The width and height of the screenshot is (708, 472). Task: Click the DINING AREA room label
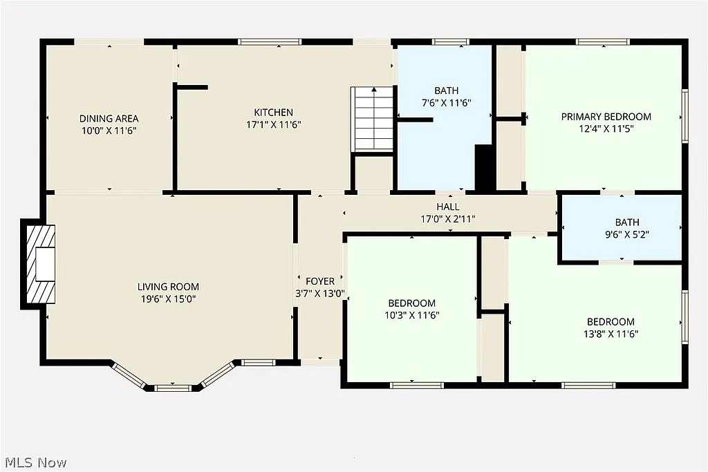[x=109, y=118]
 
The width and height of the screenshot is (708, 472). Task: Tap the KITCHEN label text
[x=273, y=113]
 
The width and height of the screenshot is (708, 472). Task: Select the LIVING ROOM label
[x=168, y=287]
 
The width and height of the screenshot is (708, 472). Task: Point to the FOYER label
[x=320, y=281]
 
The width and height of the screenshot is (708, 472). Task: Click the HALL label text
[x=448, y=207]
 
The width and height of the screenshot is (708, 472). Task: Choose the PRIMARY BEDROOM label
[x=606, y=117]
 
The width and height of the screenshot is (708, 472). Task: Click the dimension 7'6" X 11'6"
[x=446, y=102]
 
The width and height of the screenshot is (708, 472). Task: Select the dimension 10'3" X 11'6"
[x=411, y=315]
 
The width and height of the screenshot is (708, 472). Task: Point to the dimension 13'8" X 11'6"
[x=611, y=334]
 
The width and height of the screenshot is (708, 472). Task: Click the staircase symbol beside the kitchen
[x=372, y=118]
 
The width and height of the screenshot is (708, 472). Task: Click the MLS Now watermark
[x=34, y=462]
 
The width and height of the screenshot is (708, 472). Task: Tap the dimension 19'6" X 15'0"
[x=168, y=299]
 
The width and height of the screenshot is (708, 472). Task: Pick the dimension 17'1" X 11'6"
[x=273, y=124]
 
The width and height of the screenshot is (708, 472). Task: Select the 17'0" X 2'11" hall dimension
[x=448, y=218]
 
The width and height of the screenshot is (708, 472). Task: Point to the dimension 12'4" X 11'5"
[x=606, y=129]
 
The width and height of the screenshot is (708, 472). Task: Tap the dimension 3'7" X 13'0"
[x=320, y=293]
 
